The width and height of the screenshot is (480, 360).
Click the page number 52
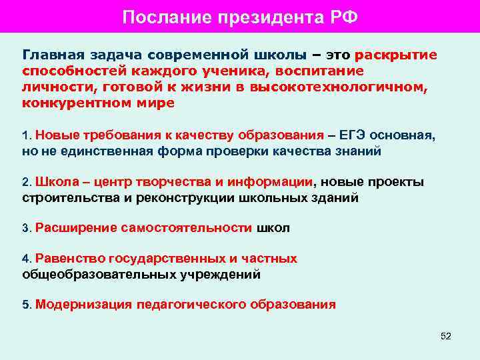pyautogui.click(x=446, y=336)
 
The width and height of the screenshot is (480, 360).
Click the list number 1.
pyautogui.click(x=25, y=136)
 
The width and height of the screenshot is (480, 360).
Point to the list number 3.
pyautogui.click(x=25, y=229)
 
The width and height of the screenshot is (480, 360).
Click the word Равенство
pyautogui.click(x=69, y=259)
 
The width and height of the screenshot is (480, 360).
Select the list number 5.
pyautogui.click(x=25, y=305)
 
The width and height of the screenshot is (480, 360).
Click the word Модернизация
pyautogui.click(x=84, y=305)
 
